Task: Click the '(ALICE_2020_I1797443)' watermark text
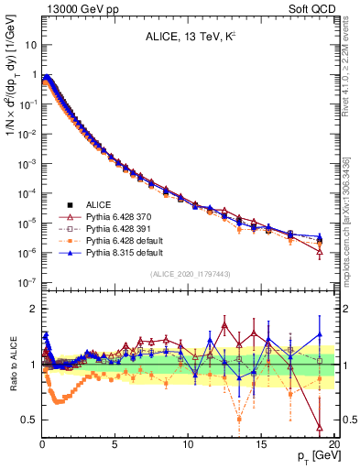pyautogui.click(x=187, y=274)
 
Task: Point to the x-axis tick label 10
pyautogui.click(x=188, y=445)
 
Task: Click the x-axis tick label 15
pyautogui.click(x=261, y=445)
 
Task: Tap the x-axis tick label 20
pyautogui.click(x=333, y=445)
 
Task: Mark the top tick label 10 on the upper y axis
pyautogui.click(x=29, y=44)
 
